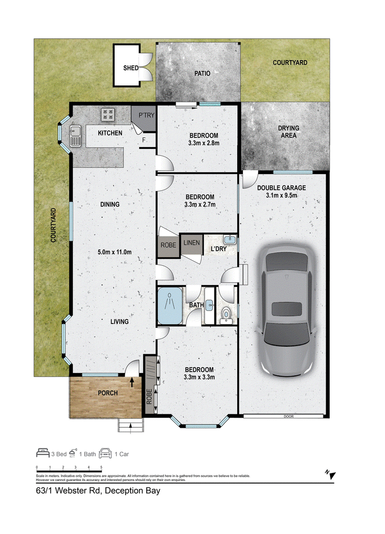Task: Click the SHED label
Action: click(x=130, y=68)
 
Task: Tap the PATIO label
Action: click(x=202, y=73)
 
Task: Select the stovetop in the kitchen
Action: click(x=108, y=115)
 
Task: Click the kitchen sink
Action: click(x=76, y=136)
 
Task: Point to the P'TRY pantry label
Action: click(x=146, y=115)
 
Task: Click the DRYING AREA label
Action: click(x=288, y=132)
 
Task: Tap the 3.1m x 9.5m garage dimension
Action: click(x=282, y=196)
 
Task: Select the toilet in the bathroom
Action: click(x=226, y=315)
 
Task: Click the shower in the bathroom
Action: click(x=170, y=306)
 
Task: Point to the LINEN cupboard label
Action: click(x=192, y=243)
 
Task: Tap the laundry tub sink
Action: click(x=231, y=240)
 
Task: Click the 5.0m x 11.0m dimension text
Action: click(x=115, y=252)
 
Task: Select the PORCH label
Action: click(x=108, y=393)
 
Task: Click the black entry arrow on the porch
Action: click(x=132, y=382)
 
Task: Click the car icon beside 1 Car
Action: click(x=105, y=453)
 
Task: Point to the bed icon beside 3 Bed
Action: click(x=43, y=453)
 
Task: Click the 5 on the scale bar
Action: click(x=101, y=467)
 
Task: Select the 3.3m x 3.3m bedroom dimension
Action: click(x=199, y=377)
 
